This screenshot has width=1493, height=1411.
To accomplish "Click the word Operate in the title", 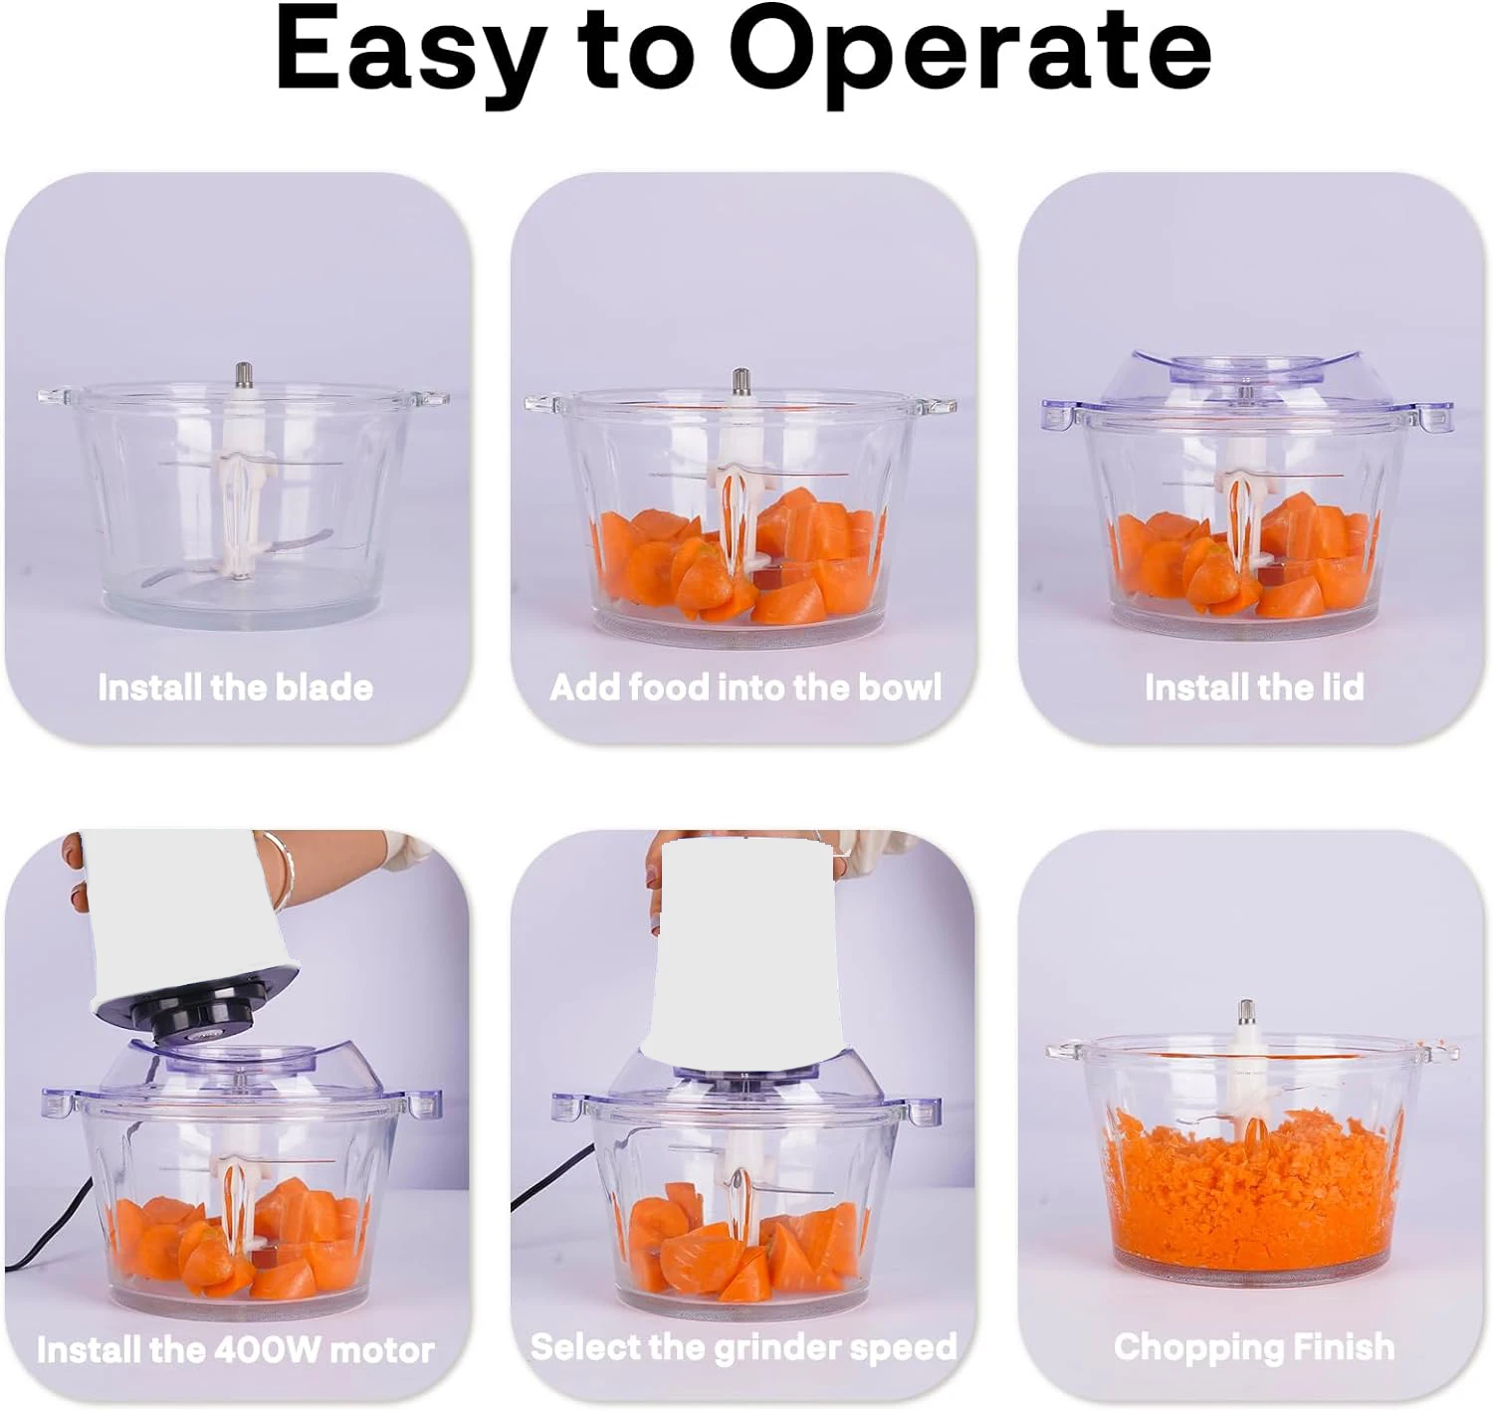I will tap(970, 50).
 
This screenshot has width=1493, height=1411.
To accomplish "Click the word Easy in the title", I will tap(408, 50).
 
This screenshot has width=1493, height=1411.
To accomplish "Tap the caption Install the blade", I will tap(236, 688).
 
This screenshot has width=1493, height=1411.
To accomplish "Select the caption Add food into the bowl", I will tap(746, 688).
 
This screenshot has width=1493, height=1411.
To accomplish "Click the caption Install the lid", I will tap(1253, 688).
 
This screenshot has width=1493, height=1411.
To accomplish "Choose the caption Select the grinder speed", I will tap(744, 1347).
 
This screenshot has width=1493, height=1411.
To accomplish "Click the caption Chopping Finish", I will tap(1254, 1347).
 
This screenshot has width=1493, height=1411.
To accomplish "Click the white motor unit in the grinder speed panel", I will tap(742, 945).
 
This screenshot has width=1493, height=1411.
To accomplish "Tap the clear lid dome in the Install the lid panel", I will tap(1244, 383).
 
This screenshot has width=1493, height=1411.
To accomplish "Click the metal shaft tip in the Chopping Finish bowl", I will tap(1246, 1013).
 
